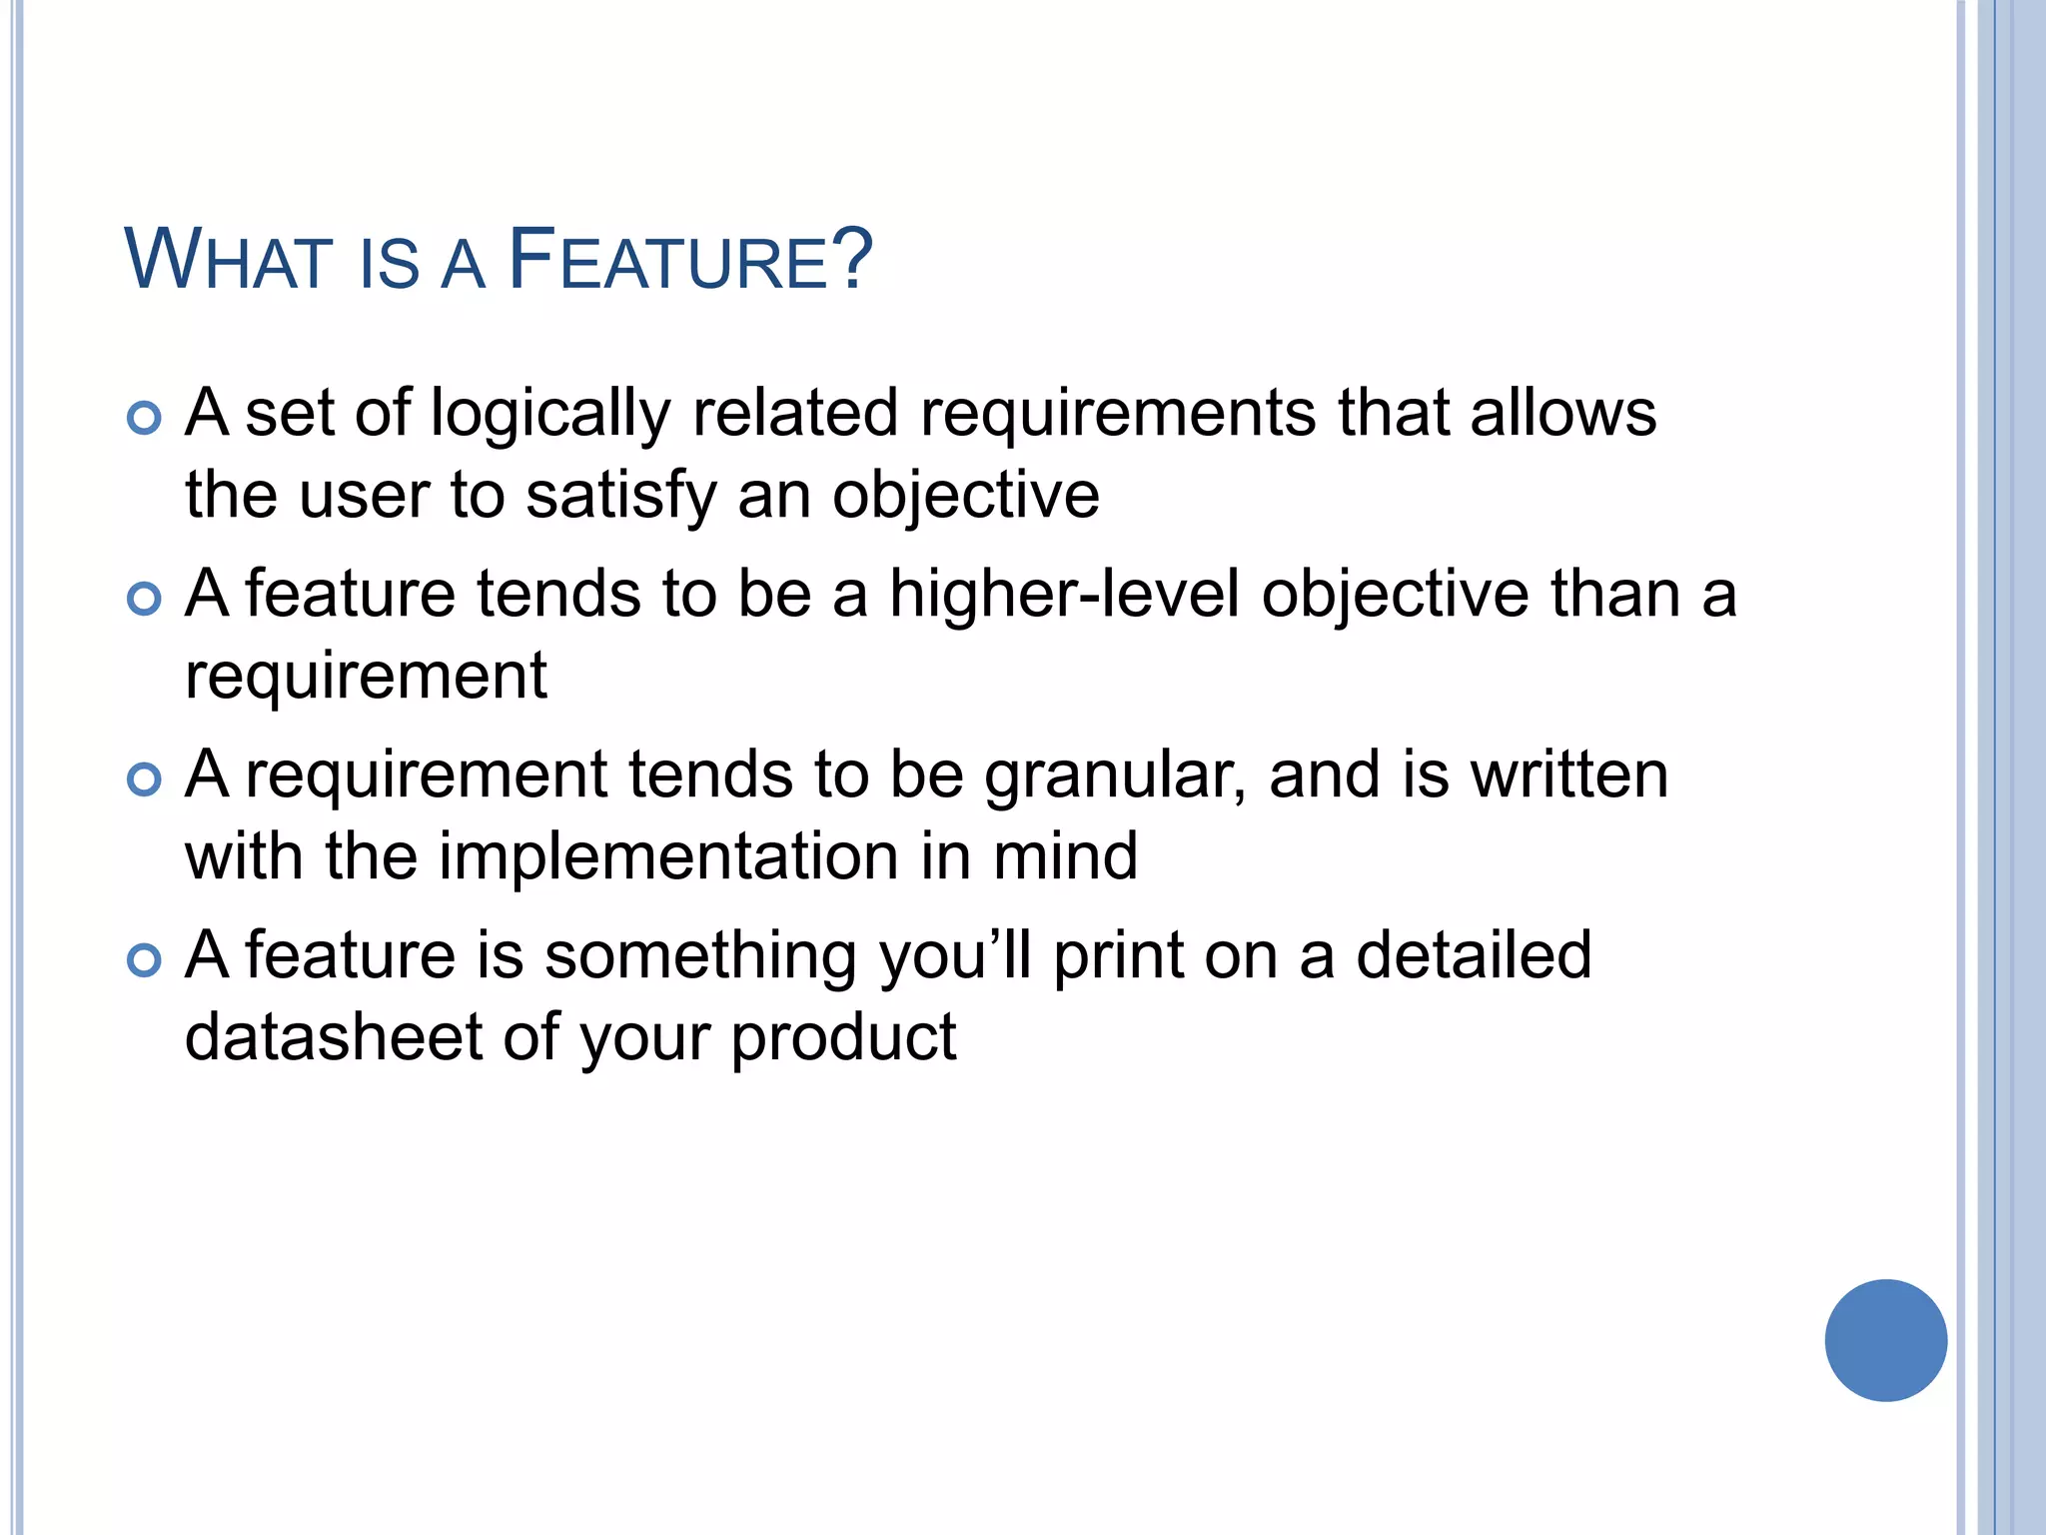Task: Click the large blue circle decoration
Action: tap(1885, 1340)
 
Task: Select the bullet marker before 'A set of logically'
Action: tap(145, 418)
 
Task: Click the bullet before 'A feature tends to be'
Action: tap(145, 599)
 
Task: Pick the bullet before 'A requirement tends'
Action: tap(145, 779)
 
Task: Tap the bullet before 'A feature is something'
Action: tap(145, 960)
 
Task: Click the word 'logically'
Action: tap(550, 415)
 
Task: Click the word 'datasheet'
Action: tap(334, 1036)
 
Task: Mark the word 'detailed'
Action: tap(1473, 954)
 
